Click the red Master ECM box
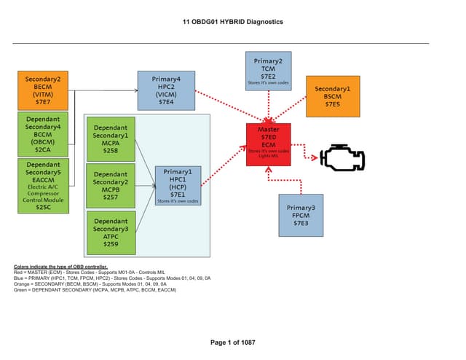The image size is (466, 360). [269, 144]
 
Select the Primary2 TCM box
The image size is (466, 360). [269, 71]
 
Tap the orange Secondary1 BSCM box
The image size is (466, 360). [333, 96]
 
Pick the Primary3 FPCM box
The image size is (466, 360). [301, 215]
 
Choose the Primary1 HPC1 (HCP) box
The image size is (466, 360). [178, 186]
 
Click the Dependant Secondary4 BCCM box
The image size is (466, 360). [43, 133]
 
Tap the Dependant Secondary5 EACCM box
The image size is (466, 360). [43, 186]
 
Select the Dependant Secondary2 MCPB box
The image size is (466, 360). [111, 185]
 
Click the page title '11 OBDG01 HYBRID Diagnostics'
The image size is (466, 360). [233, 22]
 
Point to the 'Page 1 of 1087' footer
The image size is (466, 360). [232, 343]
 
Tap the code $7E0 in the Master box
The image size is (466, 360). [269, 136]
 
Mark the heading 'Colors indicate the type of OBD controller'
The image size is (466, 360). [60, 267]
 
